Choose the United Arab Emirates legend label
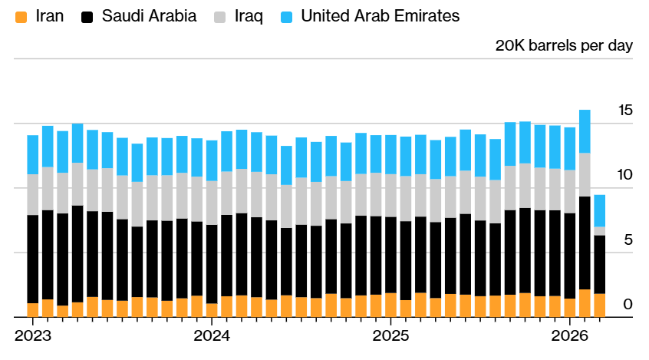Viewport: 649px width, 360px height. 381,15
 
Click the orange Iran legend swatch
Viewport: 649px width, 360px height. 21,15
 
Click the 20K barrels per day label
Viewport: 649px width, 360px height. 564,45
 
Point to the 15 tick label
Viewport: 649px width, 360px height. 625,111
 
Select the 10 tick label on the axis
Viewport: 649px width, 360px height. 625,175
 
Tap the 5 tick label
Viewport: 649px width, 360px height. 628,239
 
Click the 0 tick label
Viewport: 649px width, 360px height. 628,305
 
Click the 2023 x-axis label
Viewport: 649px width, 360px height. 33,336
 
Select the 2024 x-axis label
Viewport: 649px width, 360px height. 212,336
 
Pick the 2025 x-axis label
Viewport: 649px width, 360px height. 390,336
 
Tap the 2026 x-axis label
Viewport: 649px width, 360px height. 570,336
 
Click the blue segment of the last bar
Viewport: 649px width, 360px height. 600,210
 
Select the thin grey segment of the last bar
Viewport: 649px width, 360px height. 600,231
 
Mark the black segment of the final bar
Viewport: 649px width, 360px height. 600,264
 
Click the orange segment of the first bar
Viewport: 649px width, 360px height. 33,310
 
